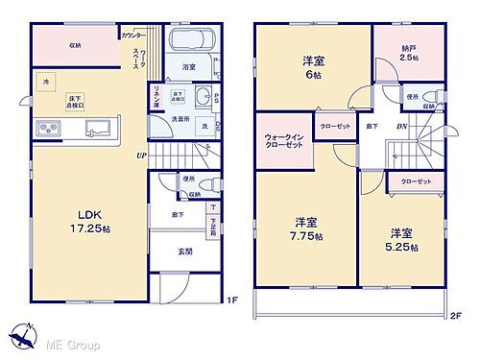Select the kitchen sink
(x=96, y=129)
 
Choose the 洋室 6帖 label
(x=312, y=67)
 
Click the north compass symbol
(x=21, y=338)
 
